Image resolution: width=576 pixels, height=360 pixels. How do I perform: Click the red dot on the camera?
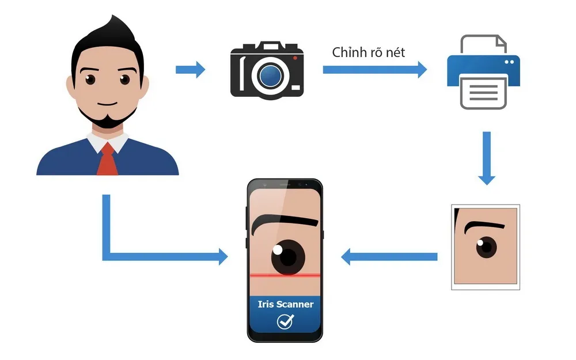pyautogui.click(x=294, y=58)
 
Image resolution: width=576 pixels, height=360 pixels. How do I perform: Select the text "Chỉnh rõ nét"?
pyautogui.click(x=369, y=52)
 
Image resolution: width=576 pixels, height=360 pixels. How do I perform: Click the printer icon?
pyautogui.click(x=483, y=71)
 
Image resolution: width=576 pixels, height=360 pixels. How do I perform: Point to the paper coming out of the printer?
pyautogui.click(x=483, y=93)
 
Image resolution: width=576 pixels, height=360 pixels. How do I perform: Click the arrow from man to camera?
pyautogui.click(x=190, y=70)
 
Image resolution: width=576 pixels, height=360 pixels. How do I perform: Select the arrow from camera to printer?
pyautogui.click(x=374, y=70)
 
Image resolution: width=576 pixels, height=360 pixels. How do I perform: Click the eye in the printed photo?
pyautogui.click(x=486, y=247)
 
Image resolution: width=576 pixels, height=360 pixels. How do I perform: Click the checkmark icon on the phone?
pyautogui.click(x=285, y=321)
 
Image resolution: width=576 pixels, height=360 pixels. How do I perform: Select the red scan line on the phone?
pyautogui.click(x=285, y=276)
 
